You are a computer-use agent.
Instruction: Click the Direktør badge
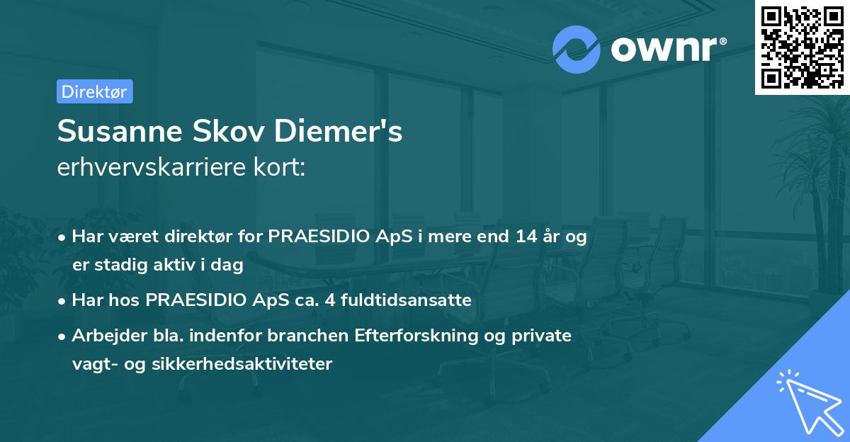click(x=94, y=91)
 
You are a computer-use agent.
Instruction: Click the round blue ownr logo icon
click(x=577, y=49)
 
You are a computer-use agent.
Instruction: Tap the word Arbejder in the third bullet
click(x=104, y=335)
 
